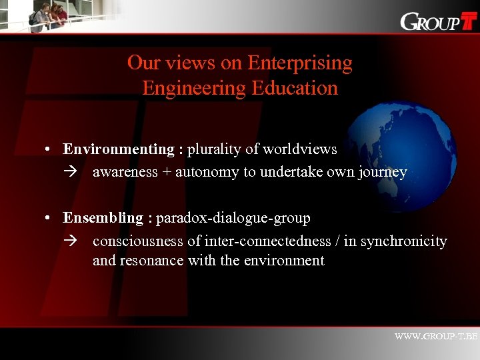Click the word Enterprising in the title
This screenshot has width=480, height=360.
click(299, 63)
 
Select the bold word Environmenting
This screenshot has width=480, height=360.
click(118, 149)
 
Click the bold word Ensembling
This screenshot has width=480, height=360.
click(103, 218)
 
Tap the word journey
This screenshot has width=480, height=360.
click(381, 172)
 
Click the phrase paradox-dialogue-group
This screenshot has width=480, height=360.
click(233, 218)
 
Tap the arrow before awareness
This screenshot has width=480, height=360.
click(71, 172)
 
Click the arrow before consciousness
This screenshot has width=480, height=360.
click(71, 241)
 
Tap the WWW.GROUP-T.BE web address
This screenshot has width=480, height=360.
click(436, 337)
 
